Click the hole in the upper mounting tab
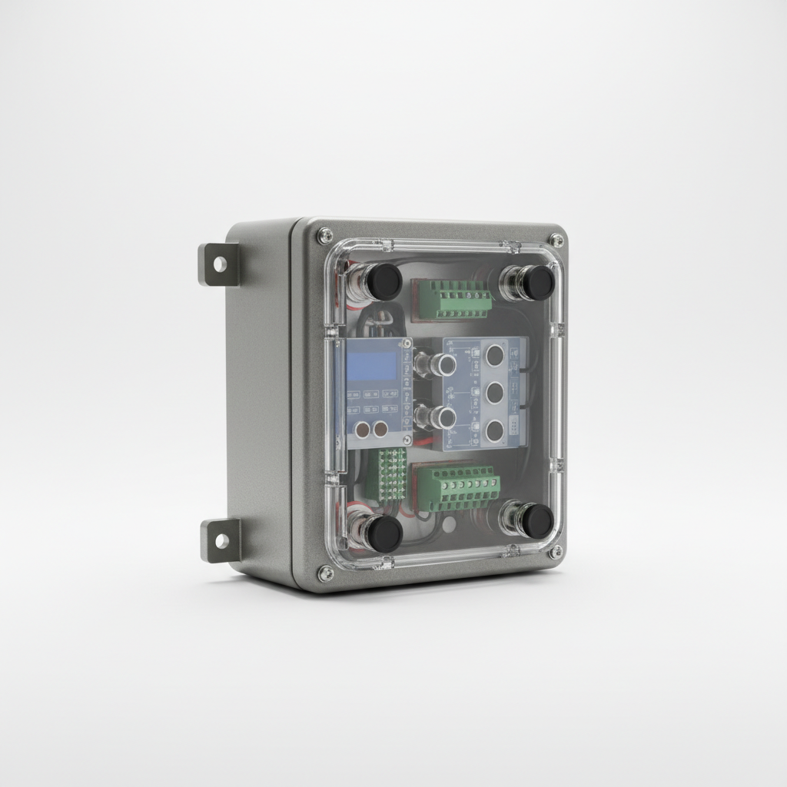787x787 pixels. coord(220,264)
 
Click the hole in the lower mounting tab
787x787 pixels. coord(221,540)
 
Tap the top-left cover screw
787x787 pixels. coord(326,236)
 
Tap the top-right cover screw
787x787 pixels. coord(556,241)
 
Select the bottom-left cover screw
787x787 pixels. coord(326,571)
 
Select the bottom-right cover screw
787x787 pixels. coord(554,552)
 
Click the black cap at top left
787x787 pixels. coord(382,281)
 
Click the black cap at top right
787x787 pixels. coord(537,283)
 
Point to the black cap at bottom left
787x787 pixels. coord(383,533)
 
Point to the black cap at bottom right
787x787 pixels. coord(536,520)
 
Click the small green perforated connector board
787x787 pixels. coord(391,473)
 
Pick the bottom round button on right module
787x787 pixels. coord(494,429)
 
